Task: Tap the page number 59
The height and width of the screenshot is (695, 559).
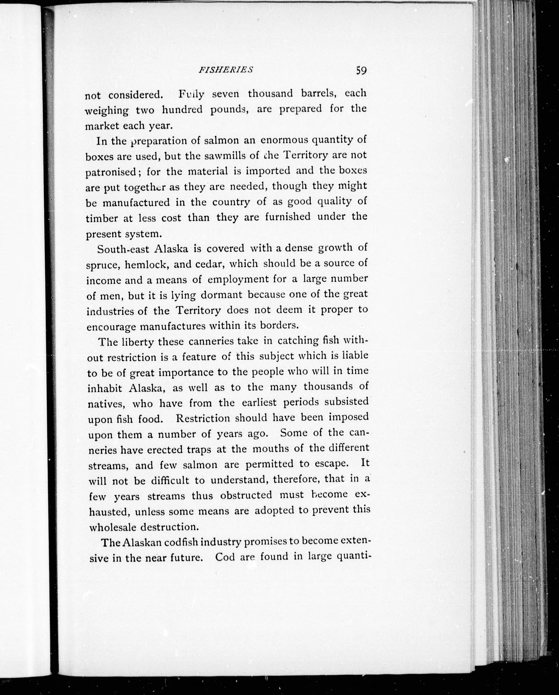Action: (361, 70)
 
